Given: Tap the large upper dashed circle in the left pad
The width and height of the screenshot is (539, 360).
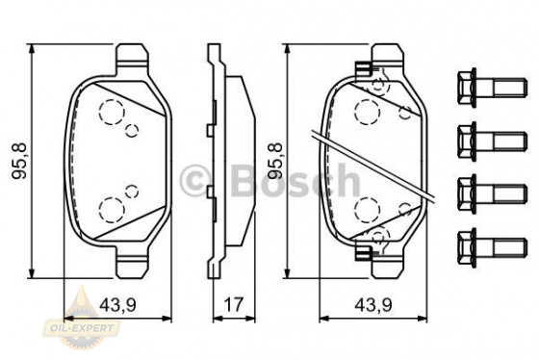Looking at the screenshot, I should pos(112,112).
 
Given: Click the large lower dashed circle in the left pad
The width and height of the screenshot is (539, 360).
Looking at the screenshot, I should pos(112,207).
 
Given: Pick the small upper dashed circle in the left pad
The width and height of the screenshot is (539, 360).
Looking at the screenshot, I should pos(133,128).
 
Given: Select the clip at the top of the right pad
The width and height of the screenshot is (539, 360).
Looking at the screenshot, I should pos(364,70).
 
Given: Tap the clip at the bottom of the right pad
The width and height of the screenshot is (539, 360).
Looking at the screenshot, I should pos(364,252).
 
